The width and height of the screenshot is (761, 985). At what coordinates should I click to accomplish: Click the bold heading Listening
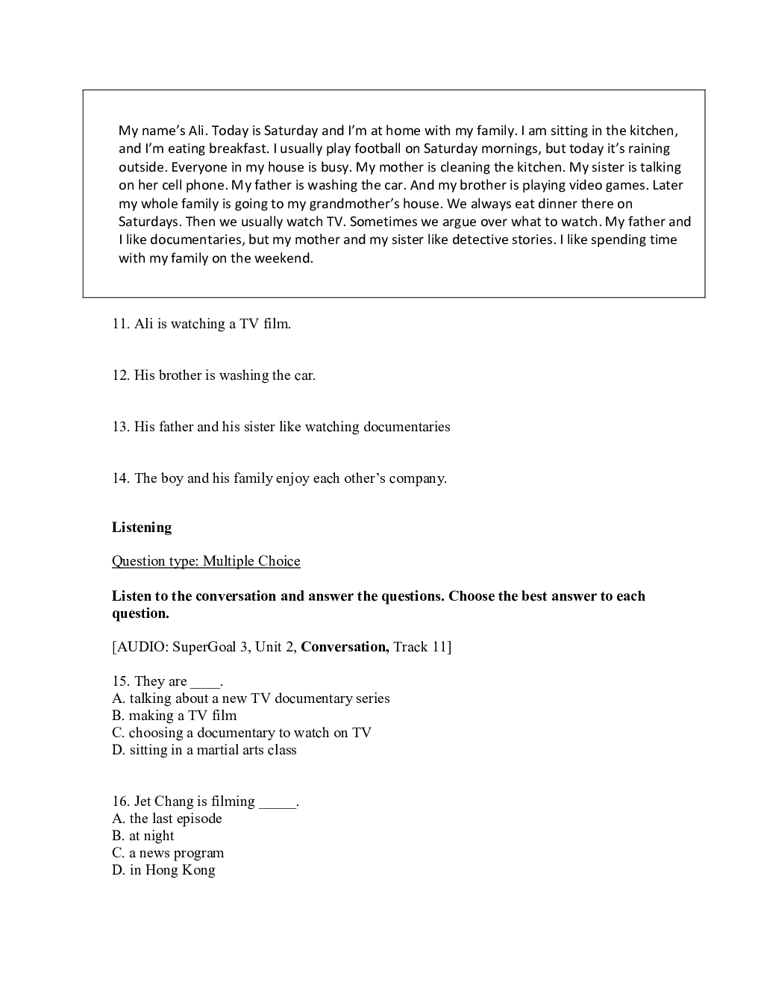pyautogui.click(x=142, y=528)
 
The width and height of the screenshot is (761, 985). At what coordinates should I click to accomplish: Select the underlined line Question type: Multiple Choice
pyautogui.click(x=206, y=561)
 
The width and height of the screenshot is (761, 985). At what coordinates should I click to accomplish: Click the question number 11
pyautogui.click(x=121, y=324)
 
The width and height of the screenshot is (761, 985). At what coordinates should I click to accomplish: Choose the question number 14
pyautogui.click(x=121, y=478)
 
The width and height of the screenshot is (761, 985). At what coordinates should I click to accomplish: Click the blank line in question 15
pyautogui.click(x=206, y=682)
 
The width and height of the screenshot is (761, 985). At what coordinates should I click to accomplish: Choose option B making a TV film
pyautogui.click(x=174, y=716)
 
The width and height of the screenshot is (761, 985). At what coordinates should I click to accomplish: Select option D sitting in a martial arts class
pyautogui.click(x=204, y=750)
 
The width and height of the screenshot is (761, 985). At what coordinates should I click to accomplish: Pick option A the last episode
pyautogui.click(x=167, y=819)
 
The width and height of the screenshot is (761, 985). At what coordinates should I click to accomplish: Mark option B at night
pyautogui.click(x=143, y=836)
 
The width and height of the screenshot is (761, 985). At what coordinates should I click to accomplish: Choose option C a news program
pyautogui.click(x=168, y=853)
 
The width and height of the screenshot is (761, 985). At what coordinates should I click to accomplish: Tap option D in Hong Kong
pyautogui.click(x=163, y=870)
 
